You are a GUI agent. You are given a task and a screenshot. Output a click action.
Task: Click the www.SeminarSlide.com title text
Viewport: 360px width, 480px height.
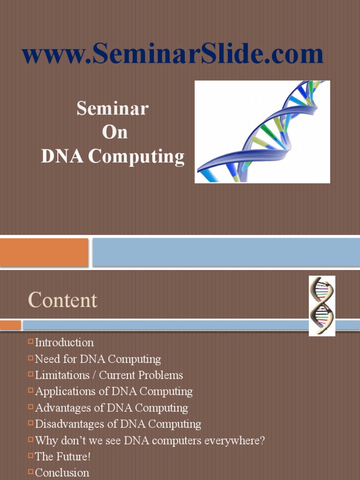[x=172, y=55]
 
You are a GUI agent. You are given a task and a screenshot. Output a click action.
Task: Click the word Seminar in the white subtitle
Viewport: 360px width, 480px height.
[x=112, y=109]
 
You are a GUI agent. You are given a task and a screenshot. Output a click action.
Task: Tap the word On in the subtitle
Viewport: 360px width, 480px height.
[x=115, y=133]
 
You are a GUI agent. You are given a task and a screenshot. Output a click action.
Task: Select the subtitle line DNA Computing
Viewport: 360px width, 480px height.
[x=112, y=157]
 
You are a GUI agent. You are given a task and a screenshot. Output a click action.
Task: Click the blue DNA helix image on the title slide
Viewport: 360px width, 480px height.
[x=262, y=132]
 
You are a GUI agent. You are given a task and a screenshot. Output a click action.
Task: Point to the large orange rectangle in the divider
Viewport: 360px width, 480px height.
[x=44, y=252]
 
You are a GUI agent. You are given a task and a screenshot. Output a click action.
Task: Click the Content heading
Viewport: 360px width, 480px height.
[x=63, y=300]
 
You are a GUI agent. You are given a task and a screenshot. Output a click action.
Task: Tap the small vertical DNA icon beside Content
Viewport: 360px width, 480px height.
[x=322, y=305]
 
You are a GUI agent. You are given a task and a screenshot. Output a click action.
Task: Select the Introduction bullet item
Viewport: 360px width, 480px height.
[x=64, y=343]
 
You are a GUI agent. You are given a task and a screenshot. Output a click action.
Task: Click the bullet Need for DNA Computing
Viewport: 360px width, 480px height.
[x=98, y=359]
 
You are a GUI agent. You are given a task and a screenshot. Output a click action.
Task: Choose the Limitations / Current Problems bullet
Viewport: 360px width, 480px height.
[x=109, y=375]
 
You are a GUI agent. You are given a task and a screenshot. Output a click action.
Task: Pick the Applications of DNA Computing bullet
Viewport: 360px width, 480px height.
[x=114, y=391]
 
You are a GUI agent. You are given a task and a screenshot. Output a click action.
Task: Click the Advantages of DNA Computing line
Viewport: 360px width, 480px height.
[x=112, y=408]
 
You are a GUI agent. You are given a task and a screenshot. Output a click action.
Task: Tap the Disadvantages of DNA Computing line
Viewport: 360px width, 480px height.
[x=118, y=424]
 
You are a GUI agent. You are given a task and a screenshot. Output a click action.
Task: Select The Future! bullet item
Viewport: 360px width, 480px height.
[x=63, y=457]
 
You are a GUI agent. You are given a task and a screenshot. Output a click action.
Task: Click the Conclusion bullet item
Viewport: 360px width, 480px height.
[x=62, y=472]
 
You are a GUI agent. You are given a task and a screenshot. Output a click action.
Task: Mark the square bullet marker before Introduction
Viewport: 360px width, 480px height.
[x=31, y=342]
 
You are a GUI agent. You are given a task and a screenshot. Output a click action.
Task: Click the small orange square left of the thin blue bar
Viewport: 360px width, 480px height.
[x=10, y=325]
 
